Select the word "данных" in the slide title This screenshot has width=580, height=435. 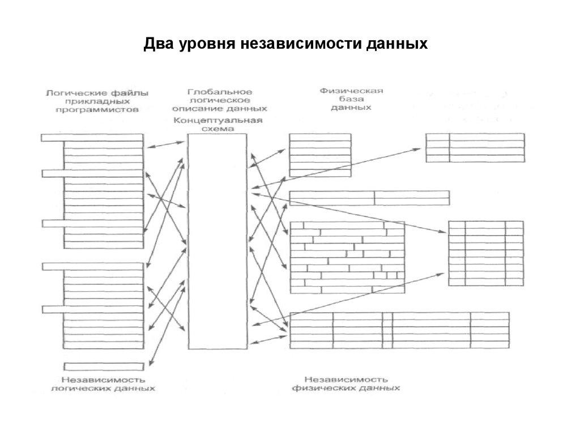(x=400, y=43)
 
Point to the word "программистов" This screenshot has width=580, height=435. (x=97, y=110)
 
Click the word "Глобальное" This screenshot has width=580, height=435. (x=220, y=92)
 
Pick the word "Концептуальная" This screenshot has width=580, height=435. (x=218, y=121)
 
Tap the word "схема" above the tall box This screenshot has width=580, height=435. (x=218, y=129)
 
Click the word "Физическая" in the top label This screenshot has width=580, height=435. (x=351, y=90)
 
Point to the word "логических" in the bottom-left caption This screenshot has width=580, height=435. (x=74, y=389)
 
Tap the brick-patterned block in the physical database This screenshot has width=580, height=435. (x=347, y=258)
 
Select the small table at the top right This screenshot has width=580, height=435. (x=475, y=147)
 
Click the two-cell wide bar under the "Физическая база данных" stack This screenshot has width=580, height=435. (x=369, y=198)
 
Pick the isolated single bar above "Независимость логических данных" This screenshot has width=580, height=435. (x=103, y=366)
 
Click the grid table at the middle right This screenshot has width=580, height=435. (x=485, y=254)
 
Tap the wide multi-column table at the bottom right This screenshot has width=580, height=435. (x=399, y=330)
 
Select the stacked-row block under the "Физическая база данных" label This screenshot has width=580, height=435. (x=319, y=155)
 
